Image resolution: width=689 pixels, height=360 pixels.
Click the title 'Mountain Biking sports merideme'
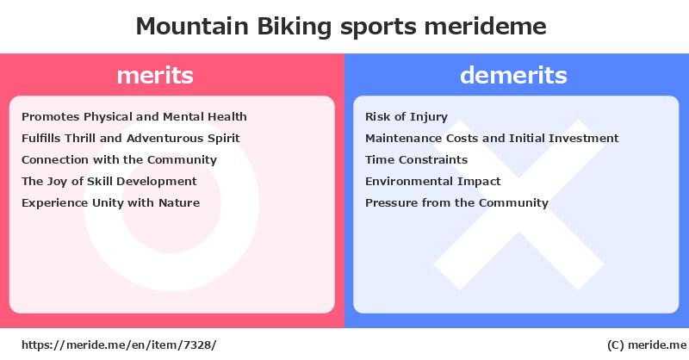click(341, 27)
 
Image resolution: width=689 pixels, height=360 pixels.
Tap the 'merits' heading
click(155, 75)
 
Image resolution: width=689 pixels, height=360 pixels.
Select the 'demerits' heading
click(513, 75)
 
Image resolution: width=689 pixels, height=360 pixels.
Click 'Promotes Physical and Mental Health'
click(134, 117)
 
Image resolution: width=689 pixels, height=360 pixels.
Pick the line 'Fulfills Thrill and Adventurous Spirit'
click(131, 139)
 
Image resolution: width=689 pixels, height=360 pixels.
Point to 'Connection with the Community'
click(119, 160)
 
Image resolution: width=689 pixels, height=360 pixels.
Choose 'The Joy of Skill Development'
click(109, 182)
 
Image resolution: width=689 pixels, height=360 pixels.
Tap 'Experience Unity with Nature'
click(111, 203)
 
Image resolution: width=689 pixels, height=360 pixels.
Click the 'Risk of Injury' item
click(407, 117)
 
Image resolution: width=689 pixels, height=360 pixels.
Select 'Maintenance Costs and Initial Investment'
click(492, 139)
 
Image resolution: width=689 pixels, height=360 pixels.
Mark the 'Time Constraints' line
click(416, 160)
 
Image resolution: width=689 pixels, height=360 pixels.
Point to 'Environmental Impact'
click(433, 182)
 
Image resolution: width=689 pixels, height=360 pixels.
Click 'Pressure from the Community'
click(456, 203)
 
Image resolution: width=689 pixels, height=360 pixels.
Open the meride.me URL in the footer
click(119, 345)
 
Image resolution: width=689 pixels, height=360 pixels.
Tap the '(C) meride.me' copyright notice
click(647, 345)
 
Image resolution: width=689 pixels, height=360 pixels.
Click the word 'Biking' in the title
click(294, 27)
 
